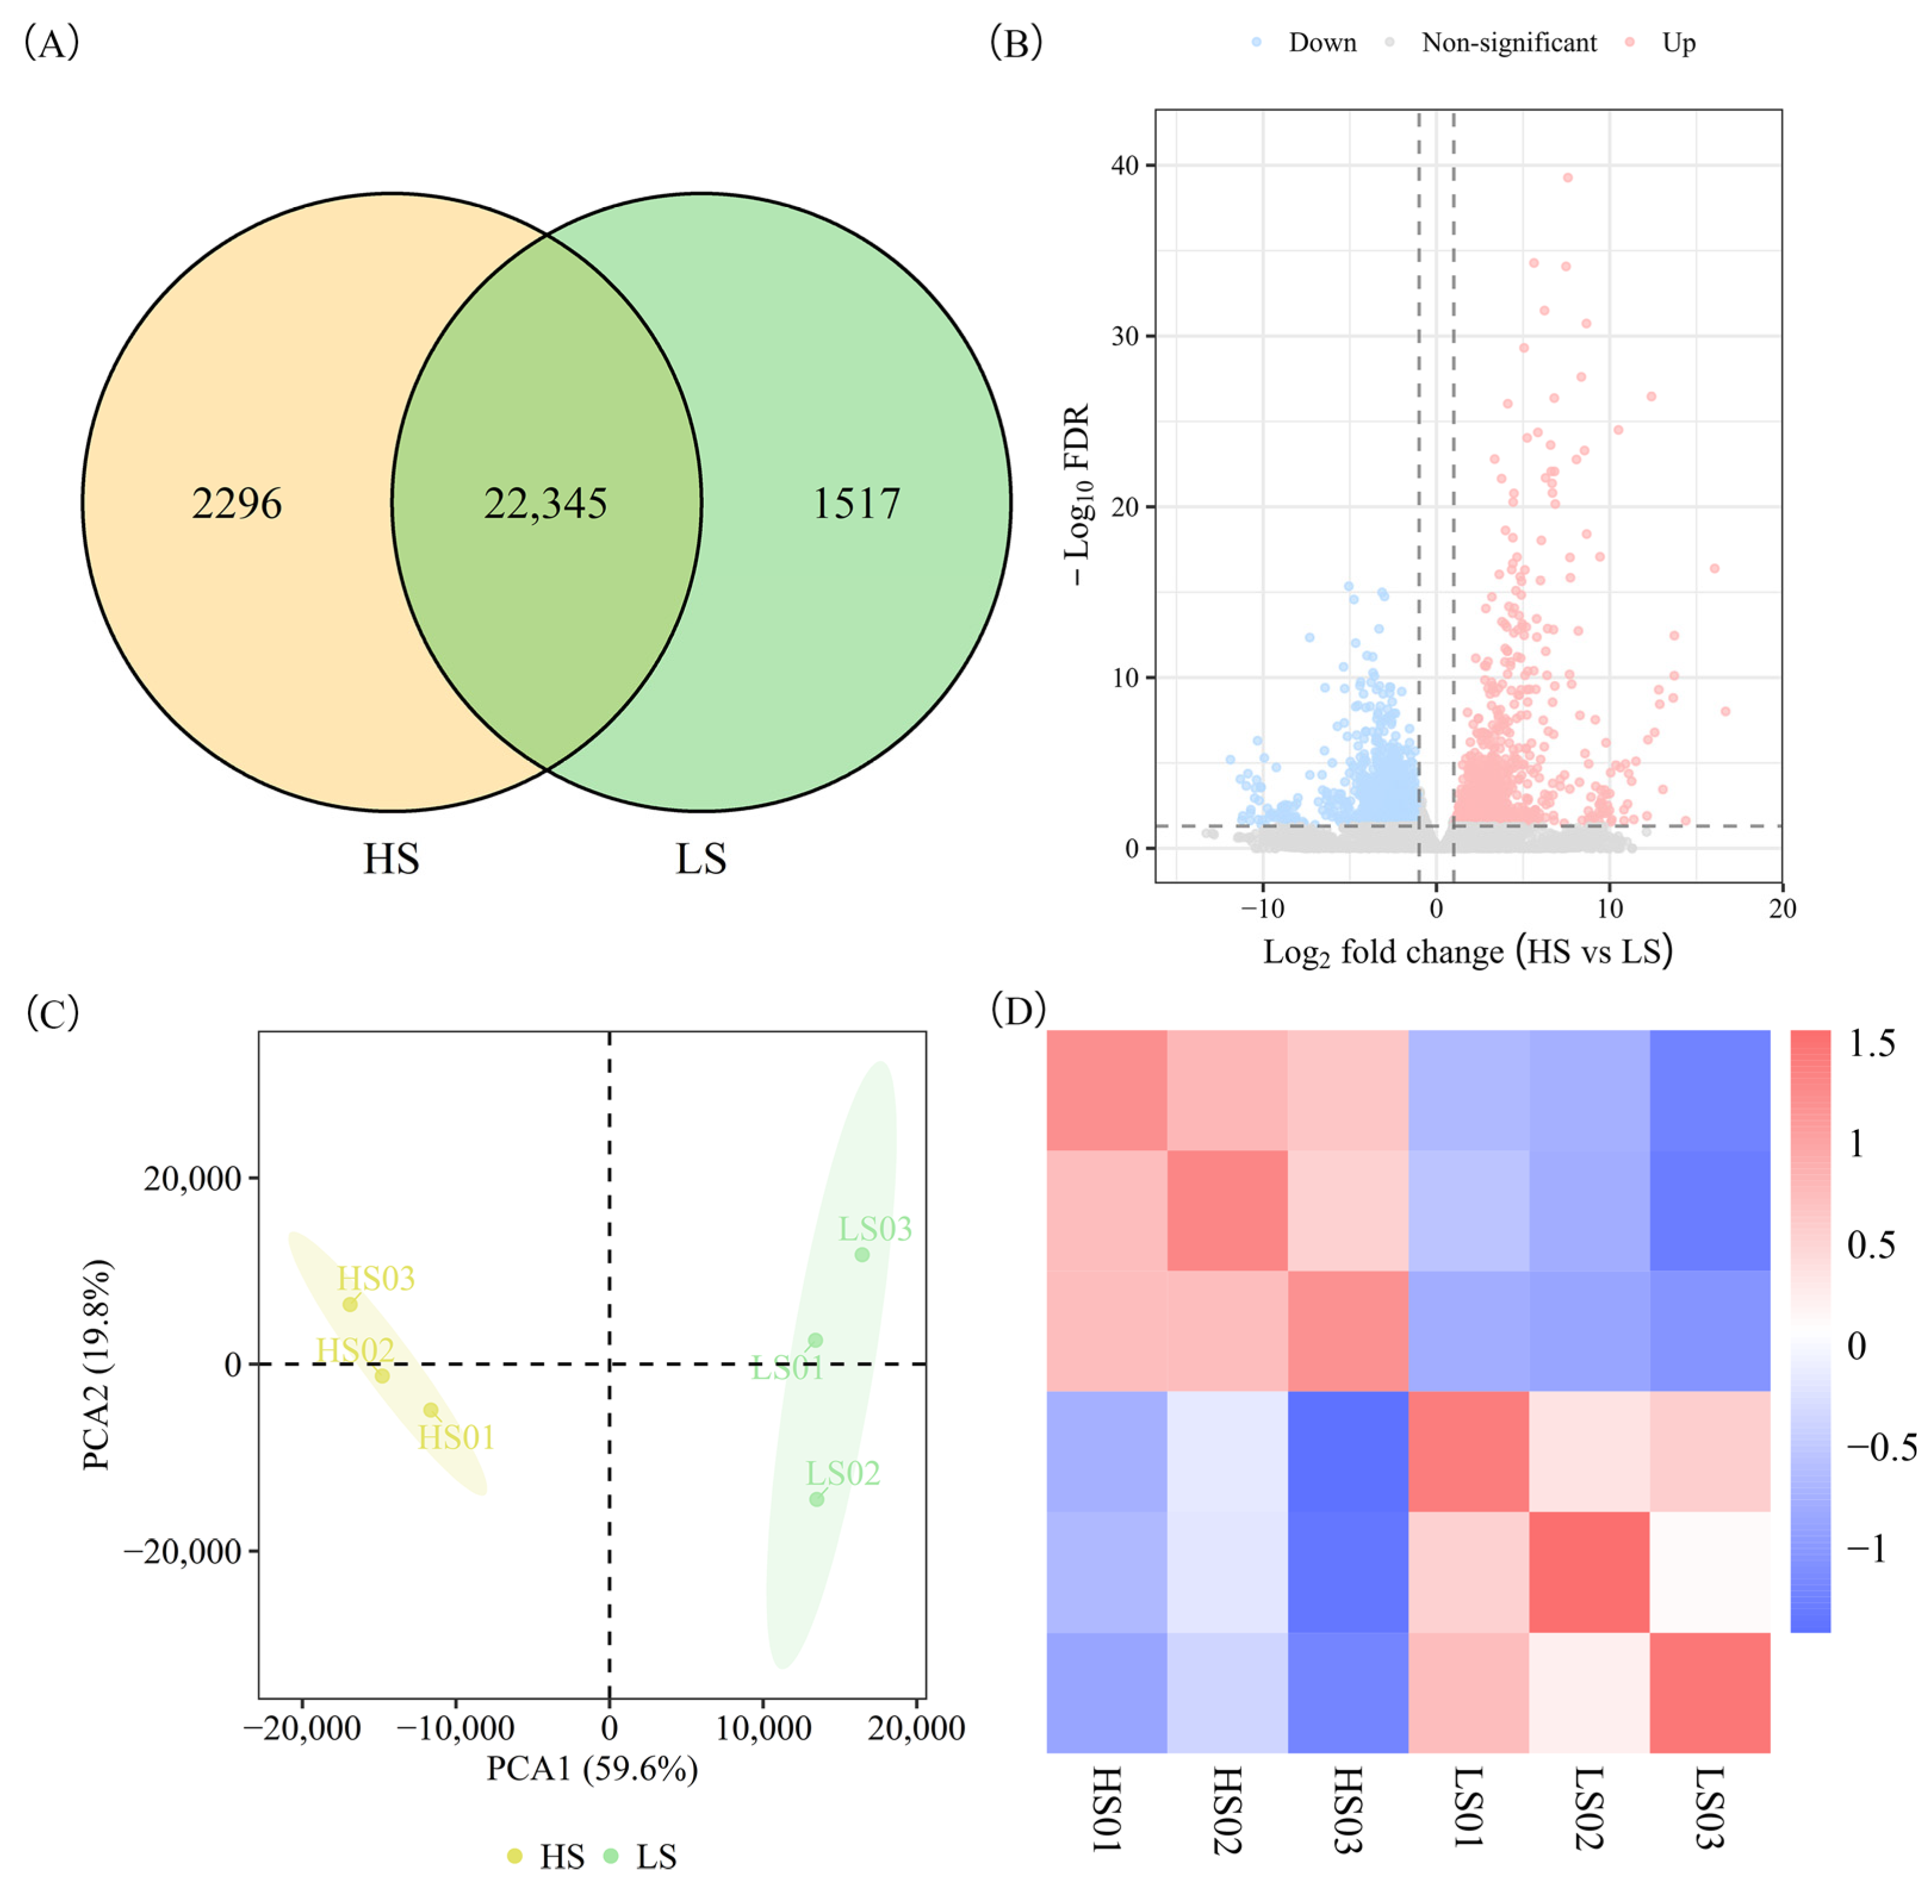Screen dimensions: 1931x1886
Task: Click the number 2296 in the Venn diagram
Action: (x=237, y=503)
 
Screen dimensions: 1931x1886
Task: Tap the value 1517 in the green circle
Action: (x=856, y=503)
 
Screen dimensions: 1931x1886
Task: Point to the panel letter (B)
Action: (x=1016, y=43)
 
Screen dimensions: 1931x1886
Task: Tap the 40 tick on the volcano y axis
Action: (x=1125, y=166)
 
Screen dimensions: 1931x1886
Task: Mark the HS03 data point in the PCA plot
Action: (x=350, y=1304)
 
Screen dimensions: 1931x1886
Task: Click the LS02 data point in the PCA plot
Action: (x=816, y=1498)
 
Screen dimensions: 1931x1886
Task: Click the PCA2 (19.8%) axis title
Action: (x=97, y=1365)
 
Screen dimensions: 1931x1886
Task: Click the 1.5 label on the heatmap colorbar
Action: (x=1871, y=1043)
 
